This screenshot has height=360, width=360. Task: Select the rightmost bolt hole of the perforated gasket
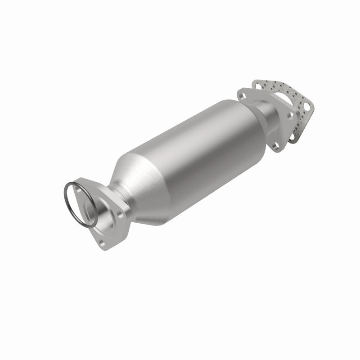307,107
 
